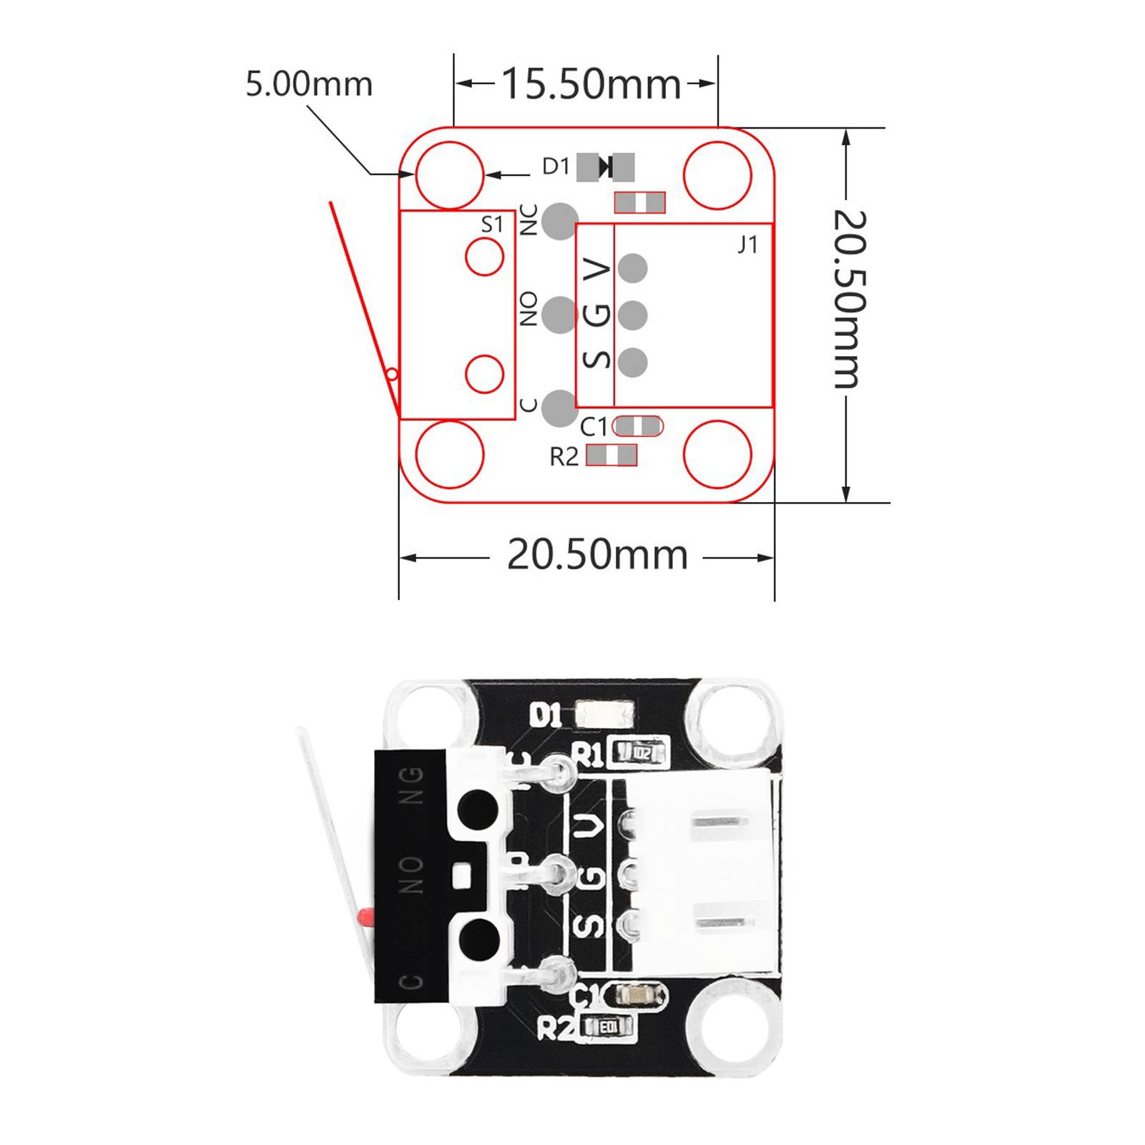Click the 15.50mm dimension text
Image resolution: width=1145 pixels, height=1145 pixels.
591,84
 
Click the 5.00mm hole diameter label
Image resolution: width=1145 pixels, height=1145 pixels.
309,84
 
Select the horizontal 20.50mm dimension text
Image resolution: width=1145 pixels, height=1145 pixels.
597,554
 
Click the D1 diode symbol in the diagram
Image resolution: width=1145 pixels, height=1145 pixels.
606,167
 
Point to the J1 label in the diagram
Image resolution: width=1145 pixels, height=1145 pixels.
747,245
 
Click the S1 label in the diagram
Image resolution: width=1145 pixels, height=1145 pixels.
492,225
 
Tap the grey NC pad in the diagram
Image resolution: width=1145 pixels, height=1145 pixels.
559,221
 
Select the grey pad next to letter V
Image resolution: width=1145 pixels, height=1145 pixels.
632,268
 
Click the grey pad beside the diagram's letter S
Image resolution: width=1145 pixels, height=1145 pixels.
632,362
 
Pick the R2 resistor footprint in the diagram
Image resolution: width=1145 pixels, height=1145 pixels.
611,455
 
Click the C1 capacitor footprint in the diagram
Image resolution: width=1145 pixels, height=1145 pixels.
638,426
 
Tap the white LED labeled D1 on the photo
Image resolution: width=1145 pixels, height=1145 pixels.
604,714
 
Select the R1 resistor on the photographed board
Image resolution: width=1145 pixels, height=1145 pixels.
641,752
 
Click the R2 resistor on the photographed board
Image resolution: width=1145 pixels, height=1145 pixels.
608,1027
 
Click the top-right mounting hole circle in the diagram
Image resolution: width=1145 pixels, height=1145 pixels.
717,175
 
